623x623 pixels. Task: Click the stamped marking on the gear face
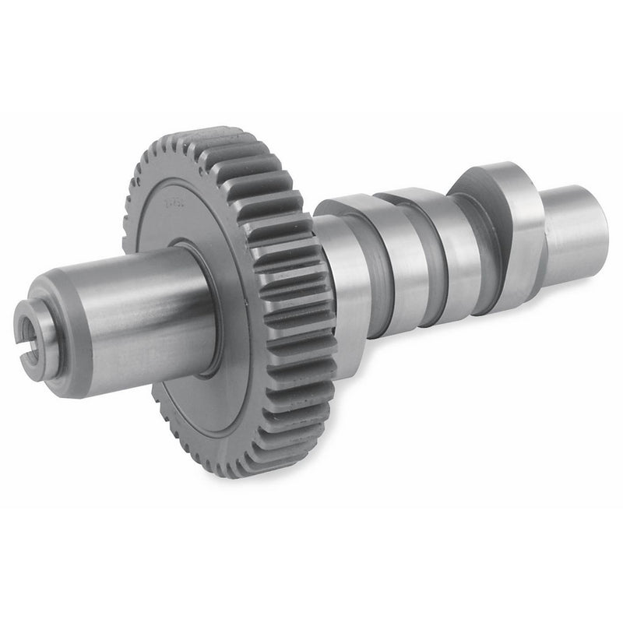173,205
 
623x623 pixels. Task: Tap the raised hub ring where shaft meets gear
204,311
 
